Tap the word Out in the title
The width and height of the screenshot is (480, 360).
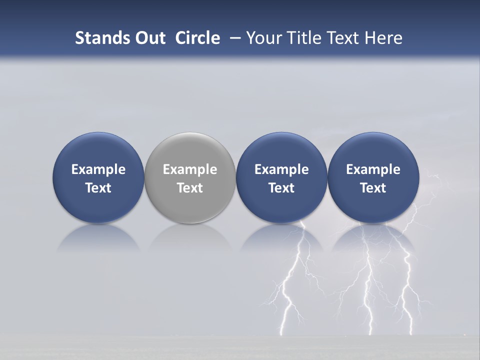[148, 38]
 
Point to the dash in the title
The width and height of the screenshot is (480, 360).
[233, 38]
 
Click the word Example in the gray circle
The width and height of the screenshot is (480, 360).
[190, 169]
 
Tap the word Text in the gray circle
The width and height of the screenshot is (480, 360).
[190, 188]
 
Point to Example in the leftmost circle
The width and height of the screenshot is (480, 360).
[98, 169]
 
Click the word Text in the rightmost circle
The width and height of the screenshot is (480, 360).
[373, 188]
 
